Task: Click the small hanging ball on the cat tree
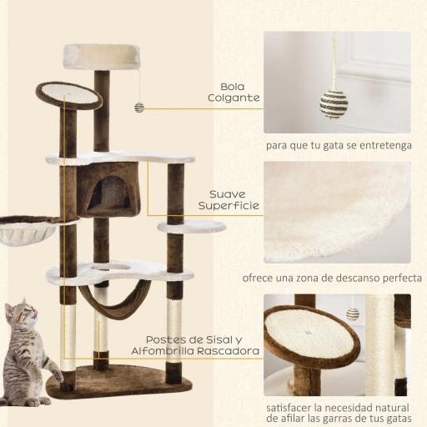(x=139, y=107)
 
